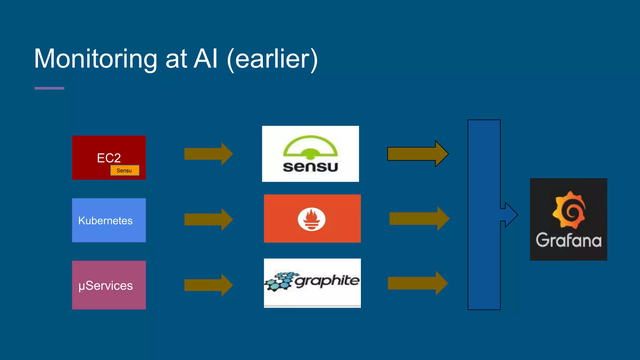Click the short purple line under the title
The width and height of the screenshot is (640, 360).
click(49, 88)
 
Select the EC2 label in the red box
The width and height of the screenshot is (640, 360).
click(109, 158)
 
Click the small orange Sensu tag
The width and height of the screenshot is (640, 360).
click(124, 170)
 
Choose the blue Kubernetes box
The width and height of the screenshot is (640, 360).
click(109, 220)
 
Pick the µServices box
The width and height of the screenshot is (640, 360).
click(109, 285)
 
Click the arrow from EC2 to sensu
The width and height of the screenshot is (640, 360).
click(208, 154)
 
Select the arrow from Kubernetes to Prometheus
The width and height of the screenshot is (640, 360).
click(208, 219)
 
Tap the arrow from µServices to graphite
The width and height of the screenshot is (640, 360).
click(208, 285)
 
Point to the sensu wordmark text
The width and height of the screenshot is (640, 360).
click(310, 167)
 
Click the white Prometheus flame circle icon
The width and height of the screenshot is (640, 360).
click(312, 219)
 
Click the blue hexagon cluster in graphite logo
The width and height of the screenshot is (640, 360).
click(279, 281)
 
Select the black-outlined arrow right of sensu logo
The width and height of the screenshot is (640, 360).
click(417, 154)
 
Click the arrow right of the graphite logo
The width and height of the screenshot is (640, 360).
click(417, 283)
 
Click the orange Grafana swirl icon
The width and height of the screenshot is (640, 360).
click(569, 210)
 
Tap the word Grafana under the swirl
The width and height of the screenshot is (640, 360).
click(568, 240)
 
